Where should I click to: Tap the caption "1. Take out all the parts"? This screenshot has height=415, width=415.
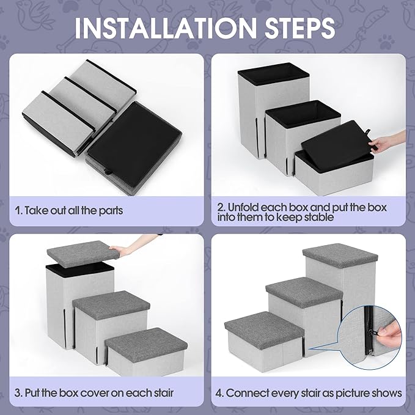(x=69, y=210)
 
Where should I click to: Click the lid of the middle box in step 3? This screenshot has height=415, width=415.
(x=111, y=303)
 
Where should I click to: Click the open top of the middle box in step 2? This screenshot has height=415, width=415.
(x=303, y=112)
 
